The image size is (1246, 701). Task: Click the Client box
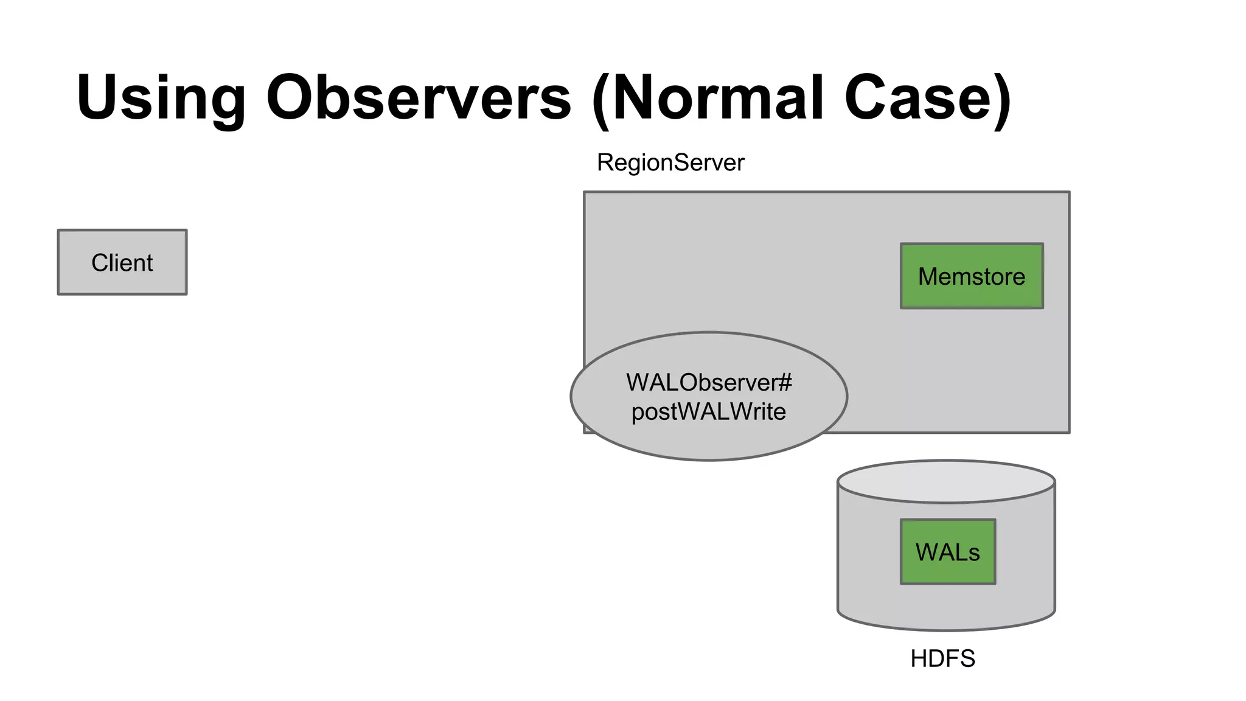(122, 262)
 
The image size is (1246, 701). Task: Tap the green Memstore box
(972, 276)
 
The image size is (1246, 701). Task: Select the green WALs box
(947, 552)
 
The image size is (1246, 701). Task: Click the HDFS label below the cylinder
(942, 659)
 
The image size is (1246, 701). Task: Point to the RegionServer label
(670, 163)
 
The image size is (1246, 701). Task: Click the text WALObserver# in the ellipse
(709, 383)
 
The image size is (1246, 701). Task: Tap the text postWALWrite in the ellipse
(709, 412)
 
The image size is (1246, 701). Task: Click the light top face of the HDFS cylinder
(946, 481)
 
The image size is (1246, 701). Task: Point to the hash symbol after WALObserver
(785, 383)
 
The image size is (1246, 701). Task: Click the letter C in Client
(99, 263)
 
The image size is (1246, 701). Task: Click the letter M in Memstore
(929, 277)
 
